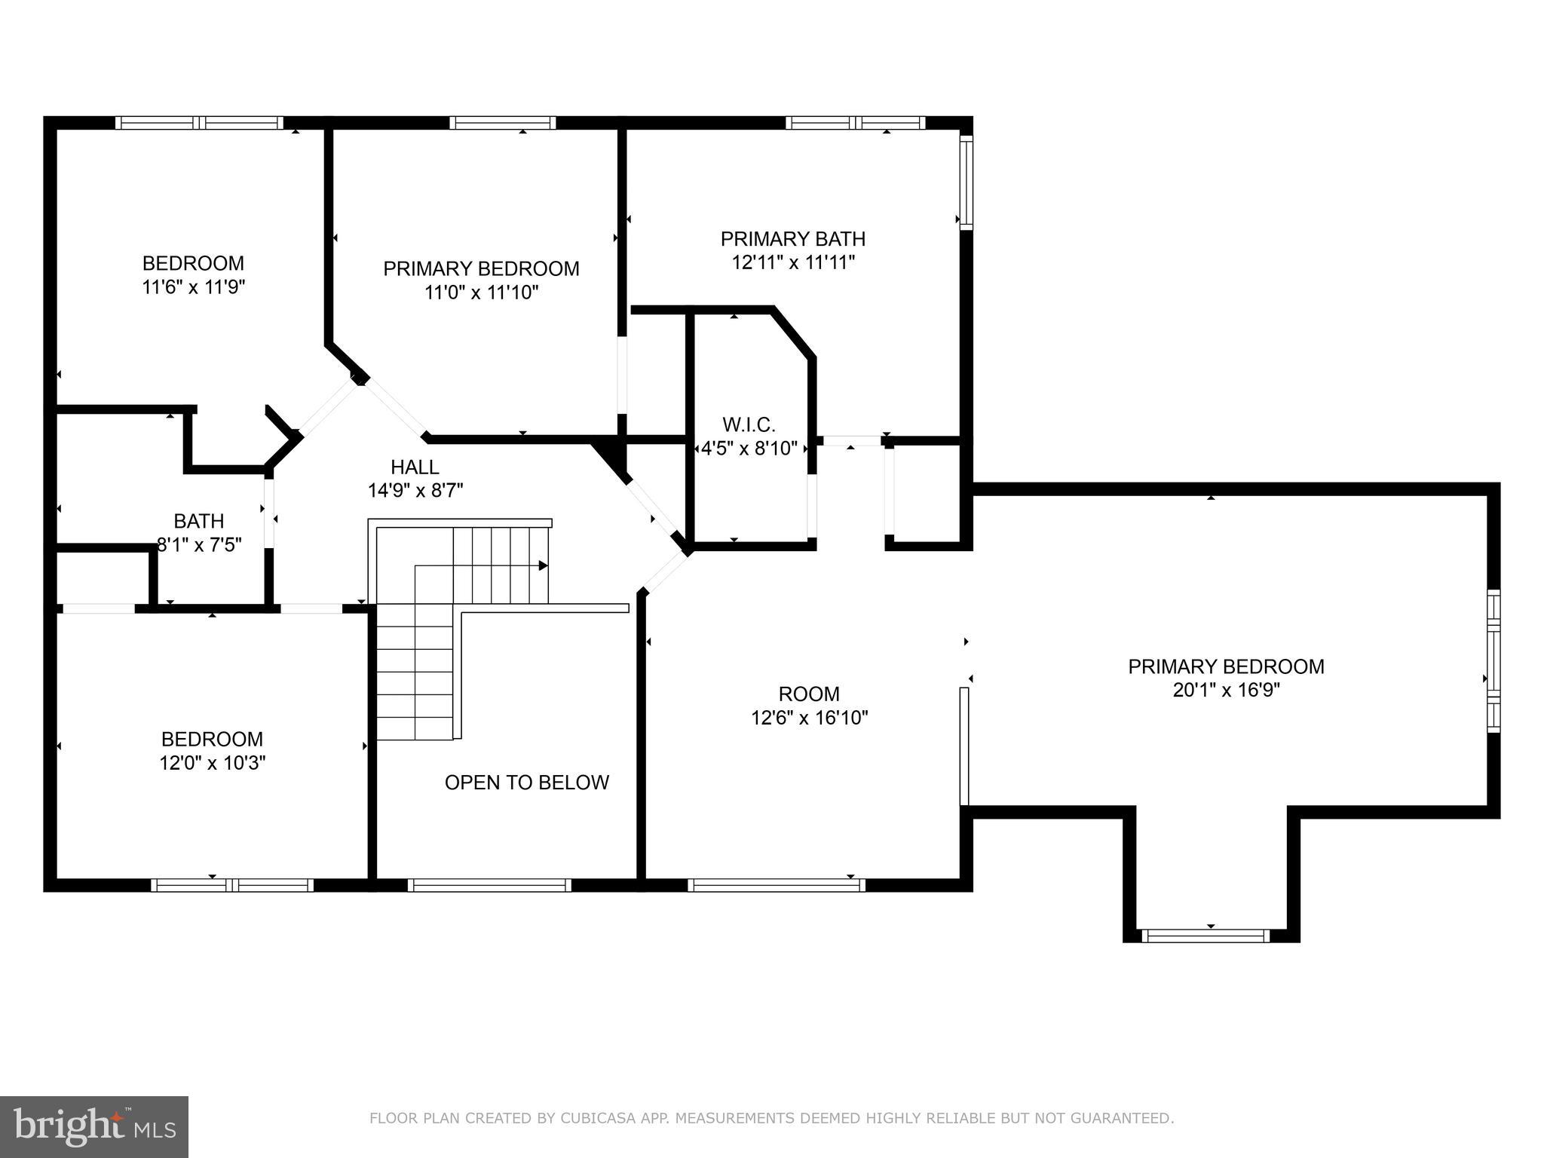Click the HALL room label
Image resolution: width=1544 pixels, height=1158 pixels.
click(415, 467)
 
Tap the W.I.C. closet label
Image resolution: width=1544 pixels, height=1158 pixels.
click(749, 424)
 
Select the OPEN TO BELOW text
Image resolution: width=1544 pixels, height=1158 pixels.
click(526, 783)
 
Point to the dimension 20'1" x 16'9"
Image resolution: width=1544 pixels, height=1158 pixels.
click(1226, 690)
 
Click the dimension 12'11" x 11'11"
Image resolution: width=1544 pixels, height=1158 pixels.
click(793, 262)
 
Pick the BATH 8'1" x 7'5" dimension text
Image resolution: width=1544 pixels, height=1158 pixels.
click(199, 544)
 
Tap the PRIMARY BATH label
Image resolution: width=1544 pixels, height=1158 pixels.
click(793, 239)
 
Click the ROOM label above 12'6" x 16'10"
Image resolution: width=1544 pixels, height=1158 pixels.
click(809, 694)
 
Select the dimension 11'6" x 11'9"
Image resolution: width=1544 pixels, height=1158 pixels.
click(194, 286)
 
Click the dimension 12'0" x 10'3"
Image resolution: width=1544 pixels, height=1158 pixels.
click(212, 763)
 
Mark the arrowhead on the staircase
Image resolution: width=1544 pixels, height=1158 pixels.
click(543, 565)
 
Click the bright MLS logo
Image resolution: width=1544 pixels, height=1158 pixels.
click(94, 1126)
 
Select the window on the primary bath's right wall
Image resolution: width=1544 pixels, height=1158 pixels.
click(966, 182)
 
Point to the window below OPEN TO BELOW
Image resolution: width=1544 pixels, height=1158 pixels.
click(489, 885)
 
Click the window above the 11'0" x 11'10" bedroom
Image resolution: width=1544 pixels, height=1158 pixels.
click(503, 123)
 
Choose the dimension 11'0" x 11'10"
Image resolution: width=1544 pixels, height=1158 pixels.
click(481, 292)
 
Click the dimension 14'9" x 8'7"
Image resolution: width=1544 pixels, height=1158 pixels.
click(415, 490)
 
